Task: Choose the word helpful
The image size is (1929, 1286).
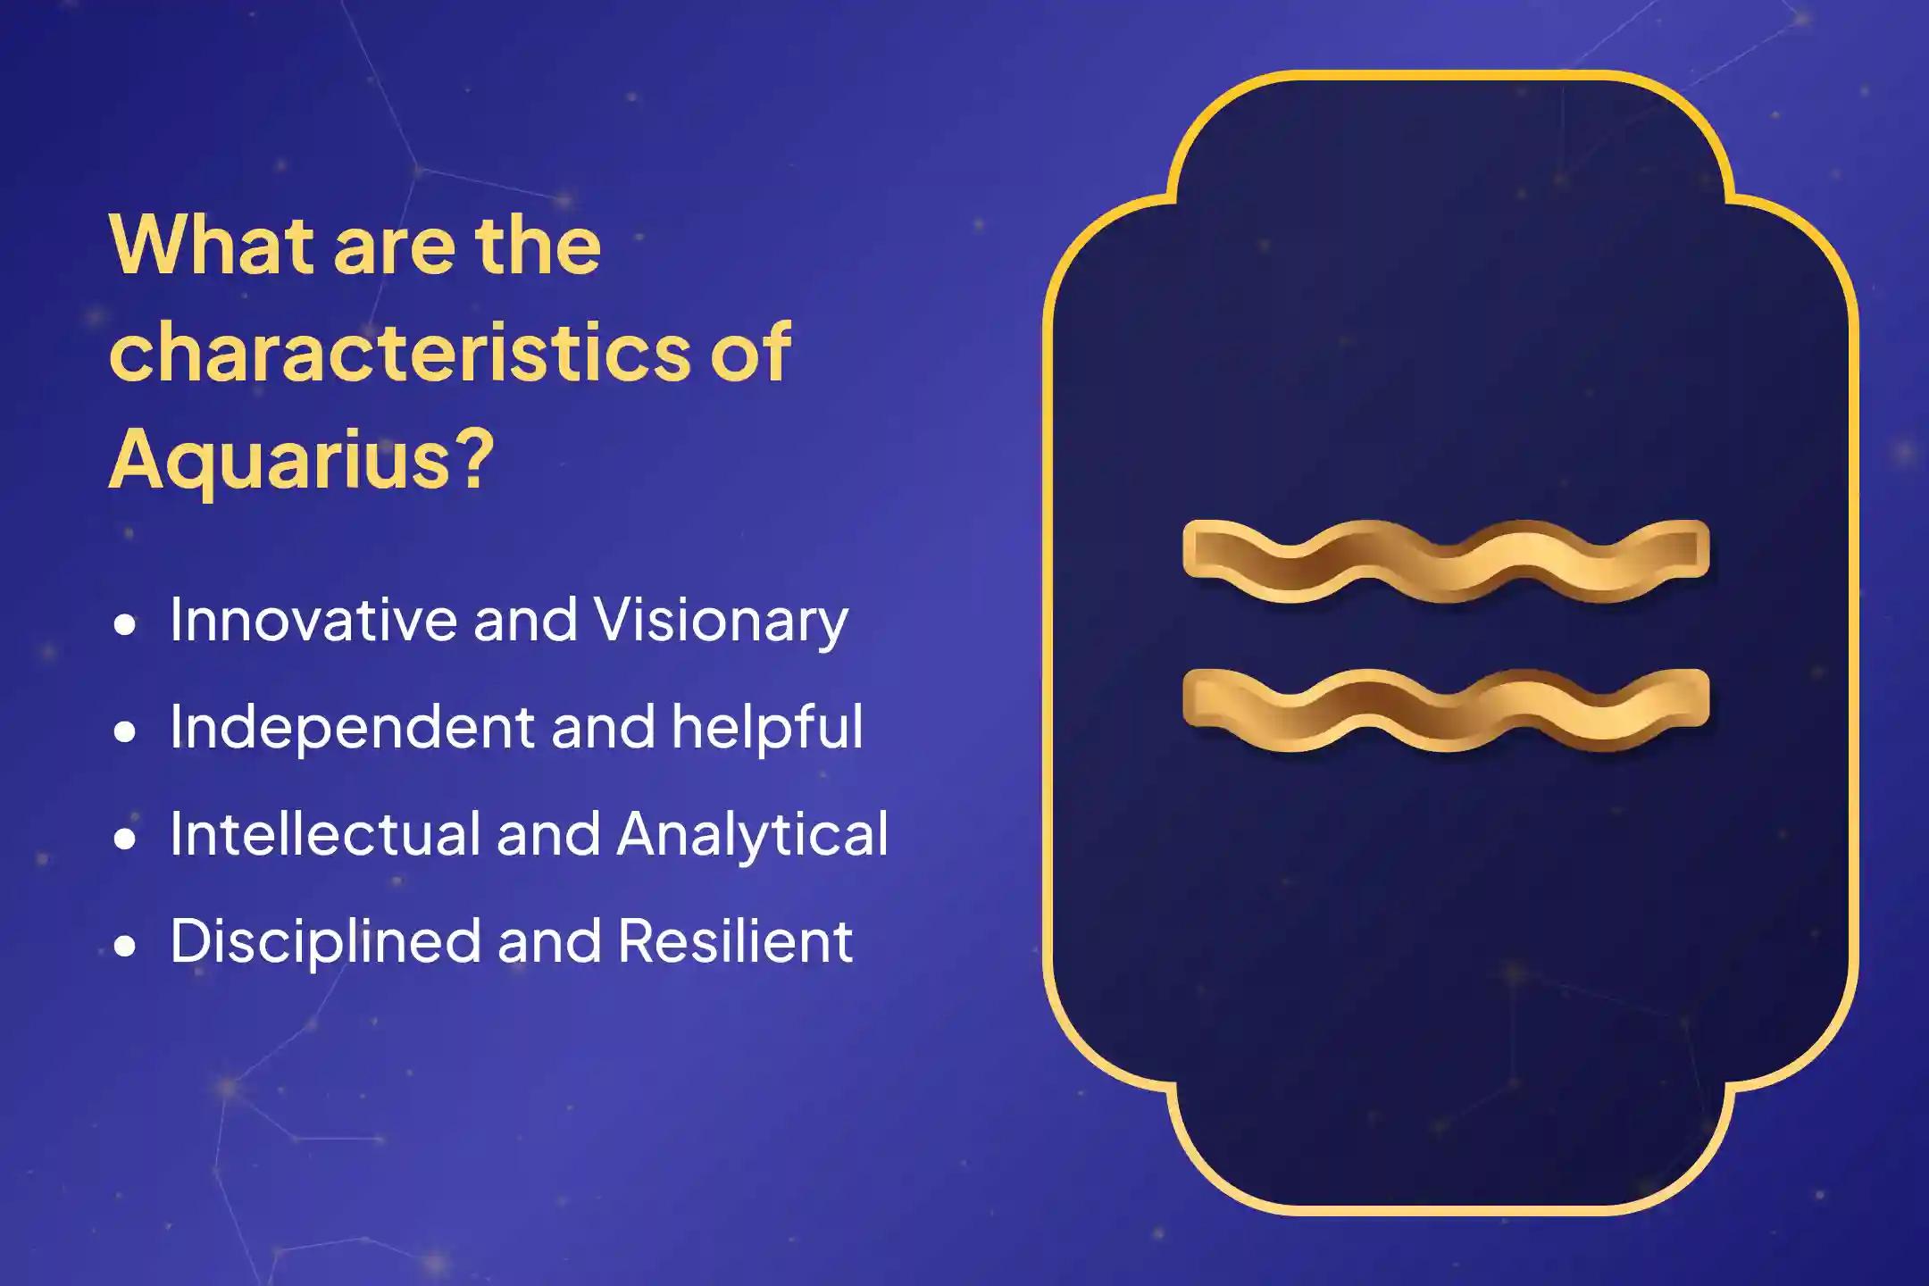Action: tap(767, 727)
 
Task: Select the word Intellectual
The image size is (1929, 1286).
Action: tap(323, 834)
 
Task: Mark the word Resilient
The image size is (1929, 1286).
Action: tap(735, 941)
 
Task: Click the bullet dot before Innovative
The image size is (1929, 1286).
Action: tap(126, 624)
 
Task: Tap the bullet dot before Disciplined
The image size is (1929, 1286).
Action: tap(126, 946)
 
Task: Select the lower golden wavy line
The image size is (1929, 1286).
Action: tap(1445, 709)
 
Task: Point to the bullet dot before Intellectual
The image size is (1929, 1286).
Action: tap(126, 839)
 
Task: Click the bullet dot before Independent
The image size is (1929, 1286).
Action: tap(126, 731)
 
